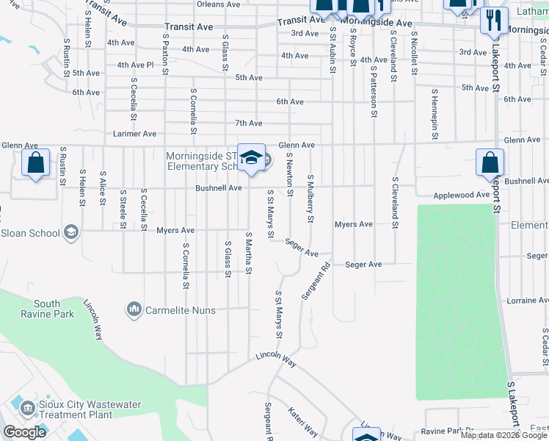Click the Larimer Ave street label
tap(134, 134)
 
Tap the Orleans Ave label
tap(218, 4)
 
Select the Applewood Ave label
tap(461, 196)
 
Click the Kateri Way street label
tap(302, 423)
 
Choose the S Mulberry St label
tap(310, 198)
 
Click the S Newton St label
tap(290, 175)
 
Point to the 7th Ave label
tap(248, 123)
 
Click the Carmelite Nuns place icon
tap(134, 310)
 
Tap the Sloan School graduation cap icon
tap(71, 233)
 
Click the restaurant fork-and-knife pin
tap(494, 20)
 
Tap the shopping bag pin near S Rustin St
tap(35, 163)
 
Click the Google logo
tap(23, 432)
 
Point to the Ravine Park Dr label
tap(448, 431)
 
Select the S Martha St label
tap(249, 254)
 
